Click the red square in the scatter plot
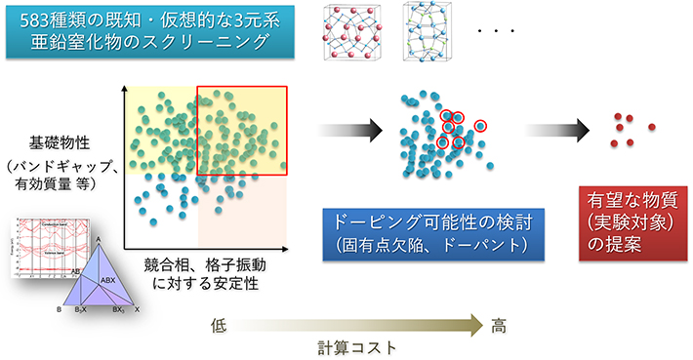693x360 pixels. pyautogui.click(x=242, y=131)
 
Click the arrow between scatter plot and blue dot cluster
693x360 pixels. pyautogui.click(x=349, y=129)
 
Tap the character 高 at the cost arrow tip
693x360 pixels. pyautogui.click(x=499, y=325)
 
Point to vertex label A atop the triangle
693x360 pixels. pyautogui.click(x=99, y=237)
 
